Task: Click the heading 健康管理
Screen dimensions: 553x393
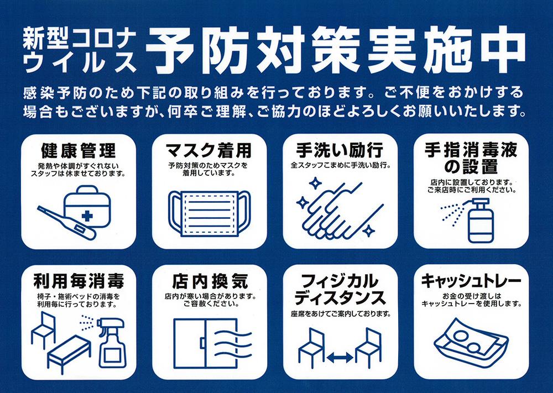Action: (x=79, y=151)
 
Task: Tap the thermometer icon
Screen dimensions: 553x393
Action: (x=66, y=223)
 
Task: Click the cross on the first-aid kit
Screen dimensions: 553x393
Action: (x=87, y=216)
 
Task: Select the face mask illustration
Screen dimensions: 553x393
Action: (x=210, y=213)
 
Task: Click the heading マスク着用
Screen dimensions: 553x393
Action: (x=209, y=150)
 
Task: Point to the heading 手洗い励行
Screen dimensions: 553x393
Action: (x=340, y=150)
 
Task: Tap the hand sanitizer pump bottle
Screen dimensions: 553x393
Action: (x=481, y=221)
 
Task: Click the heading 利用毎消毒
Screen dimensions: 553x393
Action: (x=79, y=281)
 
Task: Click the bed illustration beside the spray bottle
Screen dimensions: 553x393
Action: (x=69, y=353)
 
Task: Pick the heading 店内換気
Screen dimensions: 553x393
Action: (x=210, y=281)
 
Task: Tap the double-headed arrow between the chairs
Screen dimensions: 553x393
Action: (x=340, y=358)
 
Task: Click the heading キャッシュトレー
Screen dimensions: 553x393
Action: (x=471, y=281)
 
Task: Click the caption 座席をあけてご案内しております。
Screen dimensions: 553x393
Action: (x=341, y=313)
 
